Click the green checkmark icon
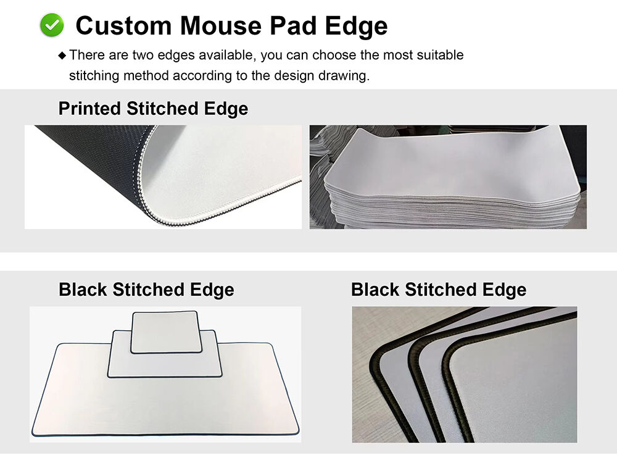[x=52, y=25]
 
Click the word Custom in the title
[x=123, y=26]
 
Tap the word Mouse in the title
[x=221, y=26]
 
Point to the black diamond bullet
[x=62, y=56]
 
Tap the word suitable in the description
[x=440, y=55]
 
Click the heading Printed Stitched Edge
[x=153, y=109]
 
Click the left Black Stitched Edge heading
[x=146, y=290]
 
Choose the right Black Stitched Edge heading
[x=439, y=290]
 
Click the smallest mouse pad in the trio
[x=165, y=332]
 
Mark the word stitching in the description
[x=94, y=75]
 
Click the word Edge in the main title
[x=357, y=26]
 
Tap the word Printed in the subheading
[x=89, y=109]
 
